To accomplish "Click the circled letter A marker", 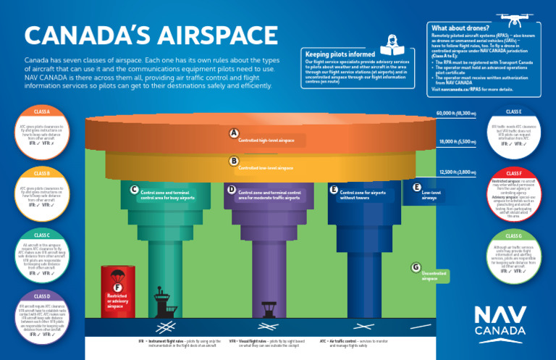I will click(x=234, y=133).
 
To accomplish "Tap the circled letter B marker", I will click(x=234, y=162).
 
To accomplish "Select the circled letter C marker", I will click(x=134, y=190).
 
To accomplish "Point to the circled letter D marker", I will click(x=232, y=190).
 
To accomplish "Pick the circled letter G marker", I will click(x=415, y=267).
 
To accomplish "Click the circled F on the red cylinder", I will click(x=118, y=288).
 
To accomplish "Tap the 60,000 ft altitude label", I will click(x=456, y=114).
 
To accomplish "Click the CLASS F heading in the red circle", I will click(x=514, y=174).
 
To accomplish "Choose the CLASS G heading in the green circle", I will click(x=514, y=236).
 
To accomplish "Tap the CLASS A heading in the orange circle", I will click(x=42, y=112).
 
